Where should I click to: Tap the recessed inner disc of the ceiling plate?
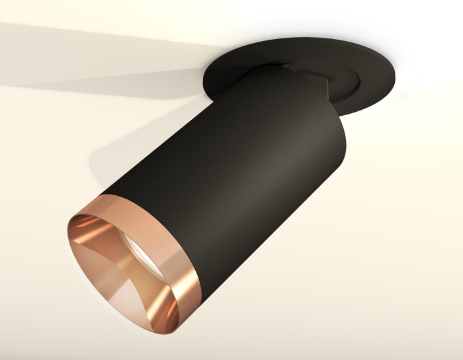pyautogui.click(x=344, y=83)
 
